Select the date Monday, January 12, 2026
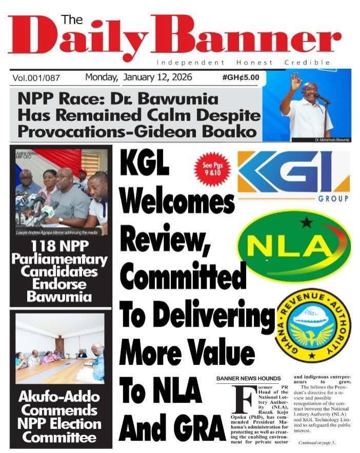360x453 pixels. click(138, 77)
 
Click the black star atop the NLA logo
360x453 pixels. click(307, 223)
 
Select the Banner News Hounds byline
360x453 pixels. click(249, 378)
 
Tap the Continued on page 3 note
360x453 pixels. click(317, 442)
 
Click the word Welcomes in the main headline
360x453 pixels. click(176, 201)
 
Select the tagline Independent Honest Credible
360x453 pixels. click(243, 63)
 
